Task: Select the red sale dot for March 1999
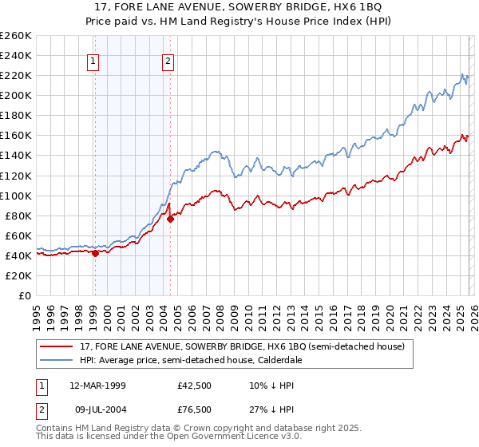tap(95, 253)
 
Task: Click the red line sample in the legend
tap(57, 346)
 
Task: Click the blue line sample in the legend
tap(57, 360)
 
